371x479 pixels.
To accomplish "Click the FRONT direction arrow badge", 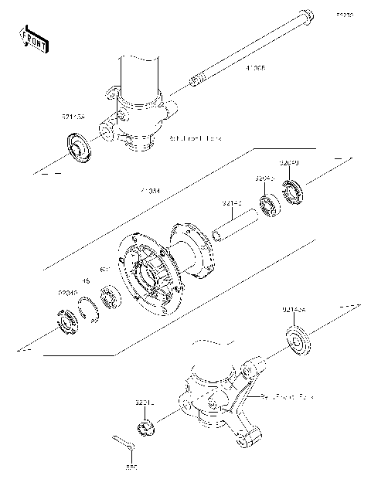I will pyautogui.click(x=33, y=38).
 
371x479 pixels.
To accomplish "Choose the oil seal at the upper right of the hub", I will pyautogui.click(x=294, y=189).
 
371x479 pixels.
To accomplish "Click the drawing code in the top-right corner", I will pyautogui.click(x=342, y=14).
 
